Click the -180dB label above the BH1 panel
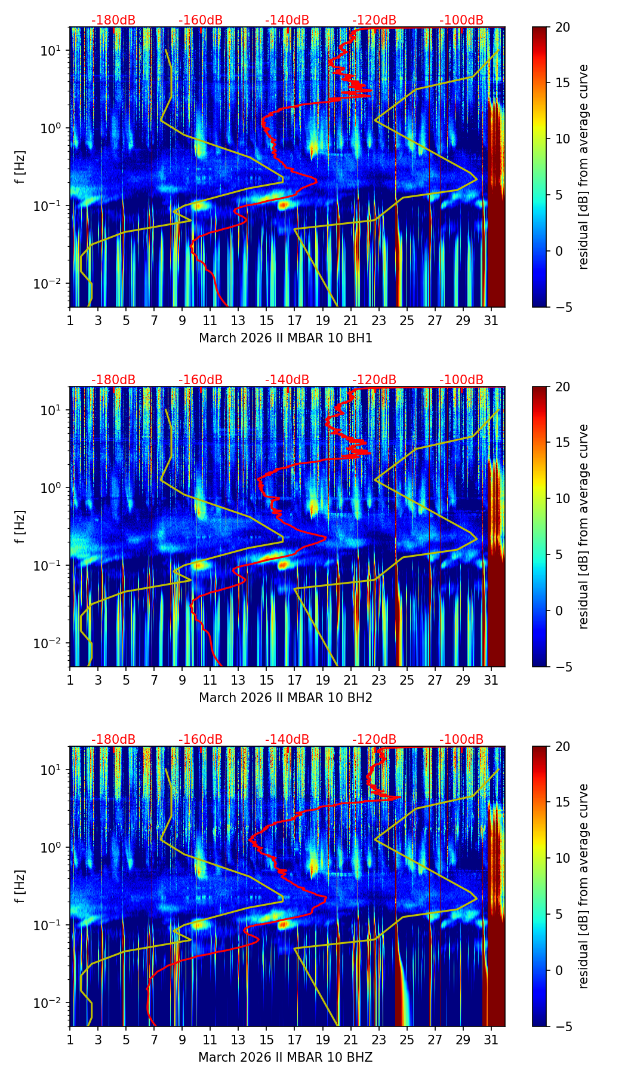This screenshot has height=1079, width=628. coord(113,20)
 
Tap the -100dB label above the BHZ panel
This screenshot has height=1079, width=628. coord(461,740)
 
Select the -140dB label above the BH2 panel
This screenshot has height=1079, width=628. coord(287,380)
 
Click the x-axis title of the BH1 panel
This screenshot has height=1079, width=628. coord(285,338)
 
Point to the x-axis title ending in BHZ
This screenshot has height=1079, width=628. coord(285,1057)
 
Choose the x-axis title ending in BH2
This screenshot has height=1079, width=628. coord(285,698)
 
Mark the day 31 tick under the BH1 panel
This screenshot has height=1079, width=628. coord(491,320)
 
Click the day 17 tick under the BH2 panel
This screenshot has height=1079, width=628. coord(295,680)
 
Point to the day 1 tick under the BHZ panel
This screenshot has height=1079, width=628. coord(70,1040)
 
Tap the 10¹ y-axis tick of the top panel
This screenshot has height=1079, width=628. coord(53,51)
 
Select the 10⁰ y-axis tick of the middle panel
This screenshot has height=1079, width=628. coord(53,488)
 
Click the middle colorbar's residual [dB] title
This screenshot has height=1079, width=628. coord(584,526)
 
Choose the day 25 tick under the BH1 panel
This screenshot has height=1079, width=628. coord(407,320)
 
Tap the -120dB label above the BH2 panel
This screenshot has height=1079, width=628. coord(374,380)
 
